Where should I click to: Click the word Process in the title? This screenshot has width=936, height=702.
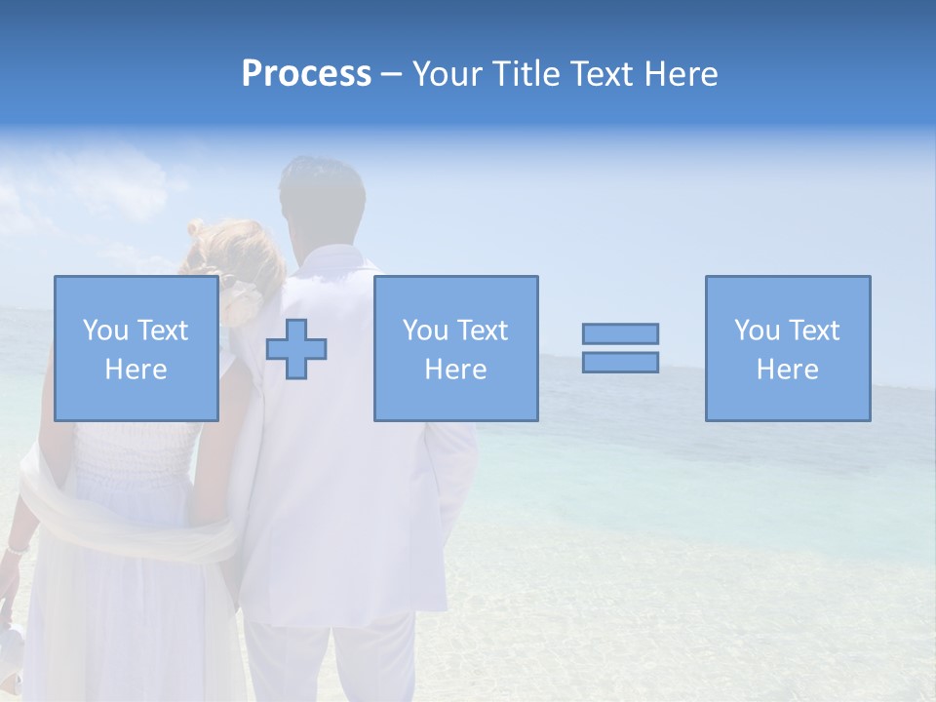[x=306, y=74]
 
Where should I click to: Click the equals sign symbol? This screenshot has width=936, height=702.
[x=620, y=348]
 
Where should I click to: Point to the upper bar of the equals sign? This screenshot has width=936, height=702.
[x=620, y=333]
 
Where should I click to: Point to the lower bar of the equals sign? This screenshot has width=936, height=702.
[x=620, y=362]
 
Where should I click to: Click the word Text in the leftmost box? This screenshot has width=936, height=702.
[x=162, y=331]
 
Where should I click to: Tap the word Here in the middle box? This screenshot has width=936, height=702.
[x=455, y=370]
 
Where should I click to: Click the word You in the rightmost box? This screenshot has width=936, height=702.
[x=757, y=331]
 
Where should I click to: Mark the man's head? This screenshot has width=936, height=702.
[x=322, y=200]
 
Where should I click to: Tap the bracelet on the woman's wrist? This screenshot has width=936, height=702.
[x=14, y=551]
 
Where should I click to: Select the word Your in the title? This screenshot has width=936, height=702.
[x=447, y=74]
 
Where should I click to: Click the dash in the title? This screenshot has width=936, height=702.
[x=391, y=74]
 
